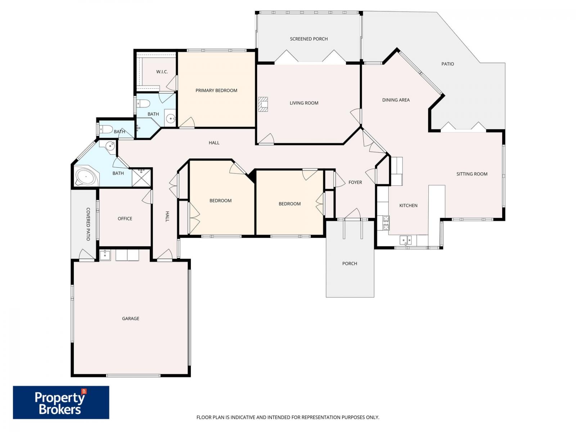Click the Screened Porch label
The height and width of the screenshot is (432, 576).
[x=309, y=39]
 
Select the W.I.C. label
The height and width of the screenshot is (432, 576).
[x=162, y=72]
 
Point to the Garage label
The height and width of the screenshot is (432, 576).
[x=130, y=319]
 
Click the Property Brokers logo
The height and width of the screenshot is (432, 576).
[x=61, y=402]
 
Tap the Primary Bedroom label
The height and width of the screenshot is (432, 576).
[x=216, y=90]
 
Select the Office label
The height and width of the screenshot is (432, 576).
[x=125, y=219]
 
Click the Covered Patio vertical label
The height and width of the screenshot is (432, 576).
[x=88, y=224]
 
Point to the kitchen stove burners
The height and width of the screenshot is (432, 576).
[x=386, y=223]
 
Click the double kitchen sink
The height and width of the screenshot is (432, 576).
[x=406, y=240]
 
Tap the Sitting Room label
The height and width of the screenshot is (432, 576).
[x=472, y=174]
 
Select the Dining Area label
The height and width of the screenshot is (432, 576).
[x=396, y=100]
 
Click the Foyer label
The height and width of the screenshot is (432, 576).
[x=355, y=183]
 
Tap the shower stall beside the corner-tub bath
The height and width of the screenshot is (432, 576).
[x=141, y=178]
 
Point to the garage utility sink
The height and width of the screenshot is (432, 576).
[x=105, y=255]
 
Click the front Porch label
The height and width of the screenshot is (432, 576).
[x=349, y=264]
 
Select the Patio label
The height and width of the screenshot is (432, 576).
[x=447, y=64]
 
